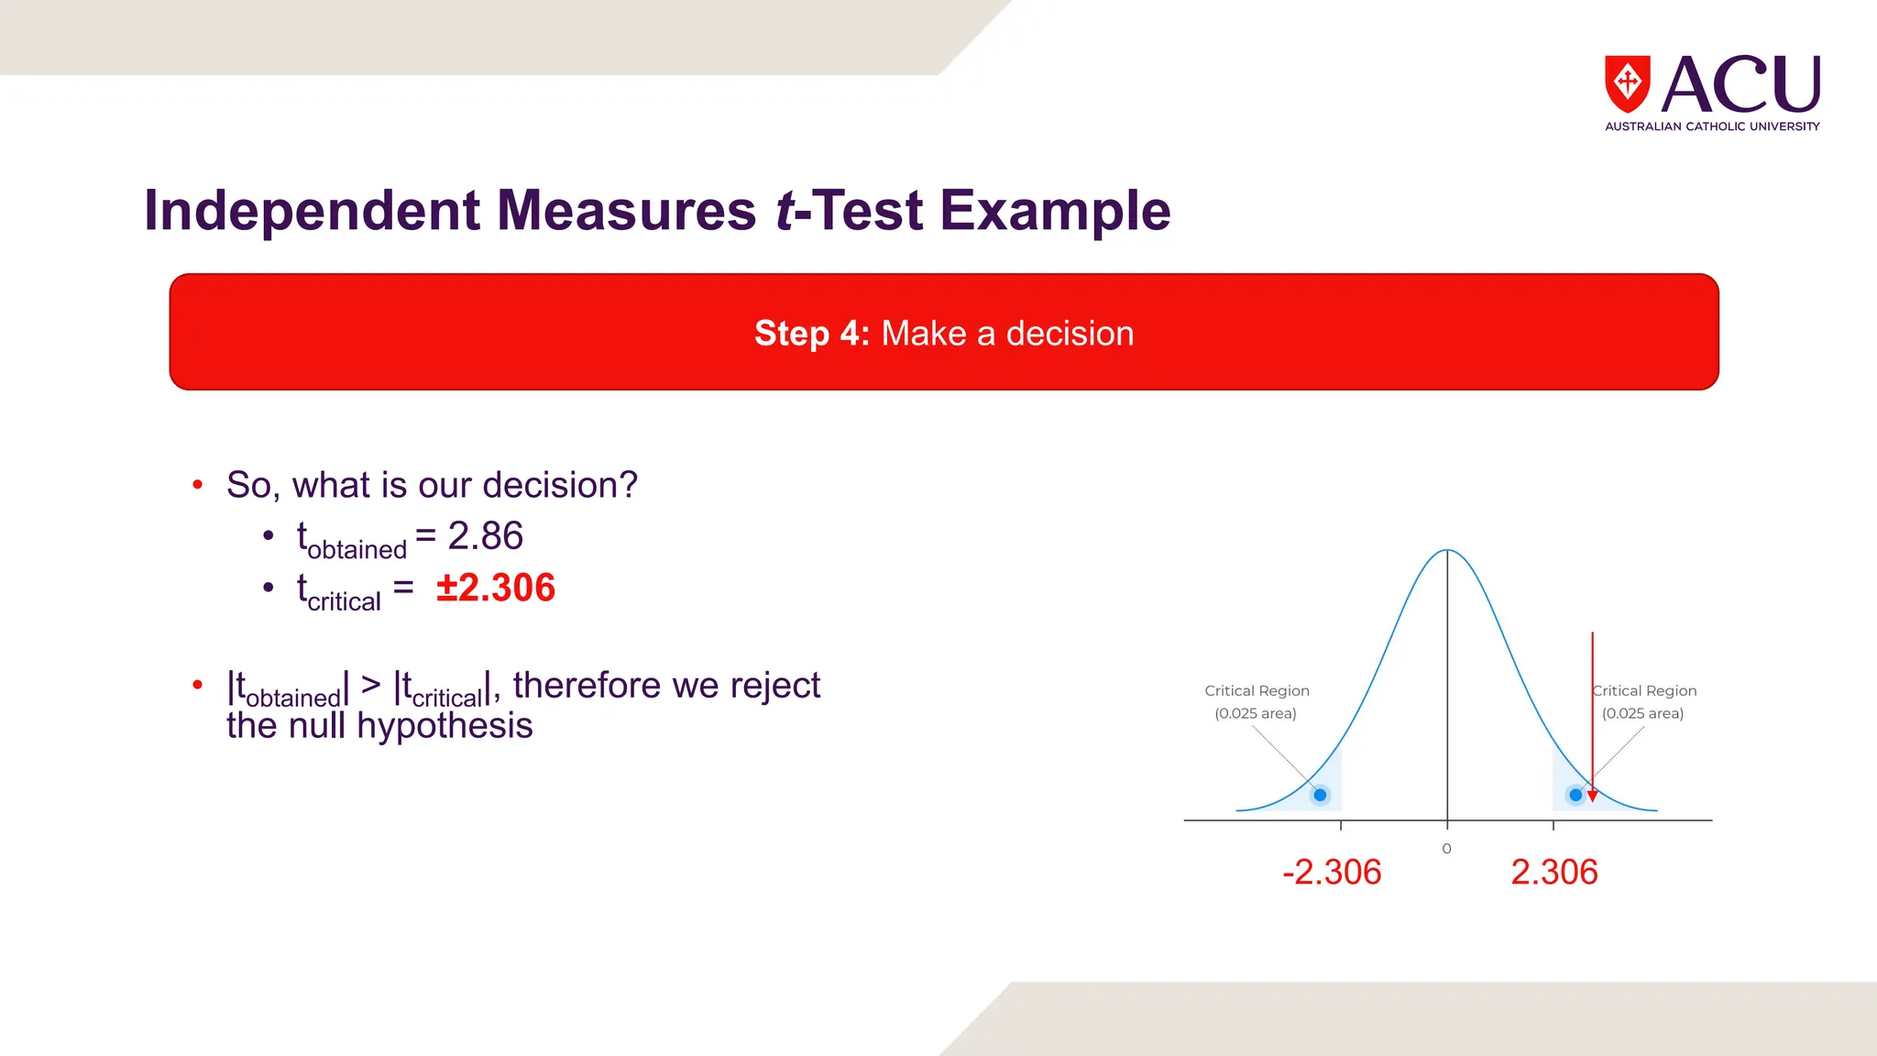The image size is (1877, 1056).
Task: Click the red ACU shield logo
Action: (1627, 83)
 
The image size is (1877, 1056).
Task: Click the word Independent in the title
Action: (312, 211)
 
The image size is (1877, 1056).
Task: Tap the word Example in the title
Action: (1055, 211)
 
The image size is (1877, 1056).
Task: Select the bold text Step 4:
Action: (811, 334)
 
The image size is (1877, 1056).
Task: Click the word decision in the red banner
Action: (1070, 334)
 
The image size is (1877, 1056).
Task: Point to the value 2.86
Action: (485, 536)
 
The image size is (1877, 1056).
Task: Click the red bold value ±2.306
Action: (496, 588)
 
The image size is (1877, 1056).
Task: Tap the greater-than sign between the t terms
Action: (370, 685)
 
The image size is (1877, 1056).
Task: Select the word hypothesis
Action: (445, 726)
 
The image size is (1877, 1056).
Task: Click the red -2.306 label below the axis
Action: (1331, 872)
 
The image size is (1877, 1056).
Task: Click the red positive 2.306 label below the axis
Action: (1553, 872)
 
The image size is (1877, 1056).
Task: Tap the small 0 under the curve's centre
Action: (1446, 849)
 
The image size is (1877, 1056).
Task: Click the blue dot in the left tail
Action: (1320, 795)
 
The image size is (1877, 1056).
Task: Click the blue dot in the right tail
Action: (1575, 795)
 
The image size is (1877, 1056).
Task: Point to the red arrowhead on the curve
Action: (1592, 796)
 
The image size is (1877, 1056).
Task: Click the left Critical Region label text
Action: (1257, 691)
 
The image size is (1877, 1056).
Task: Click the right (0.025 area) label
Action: (1642, 713)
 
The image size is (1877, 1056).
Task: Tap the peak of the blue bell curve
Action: (1447, 550)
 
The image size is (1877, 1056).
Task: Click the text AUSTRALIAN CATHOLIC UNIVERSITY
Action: (1711, 126)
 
